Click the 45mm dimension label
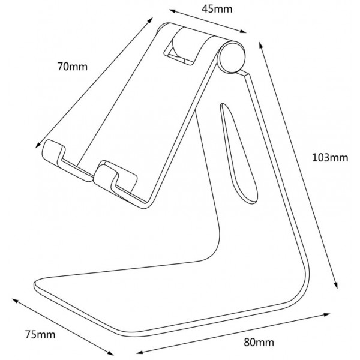tap(217, 9)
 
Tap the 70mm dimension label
tap(73, 67)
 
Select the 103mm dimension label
tap(330, 158)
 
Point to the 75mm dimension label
tap(40, 335)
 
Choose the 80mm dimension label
tap(259, 343)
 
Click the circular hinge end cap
tap(232, 57)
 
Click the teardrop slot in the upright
tap(239, 154)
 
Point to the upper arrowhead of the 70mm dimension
tap(151, 20)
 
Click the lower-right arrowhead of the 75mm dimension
tap(110, 353)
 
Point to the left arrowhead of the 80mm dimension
tap(140, 352)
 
